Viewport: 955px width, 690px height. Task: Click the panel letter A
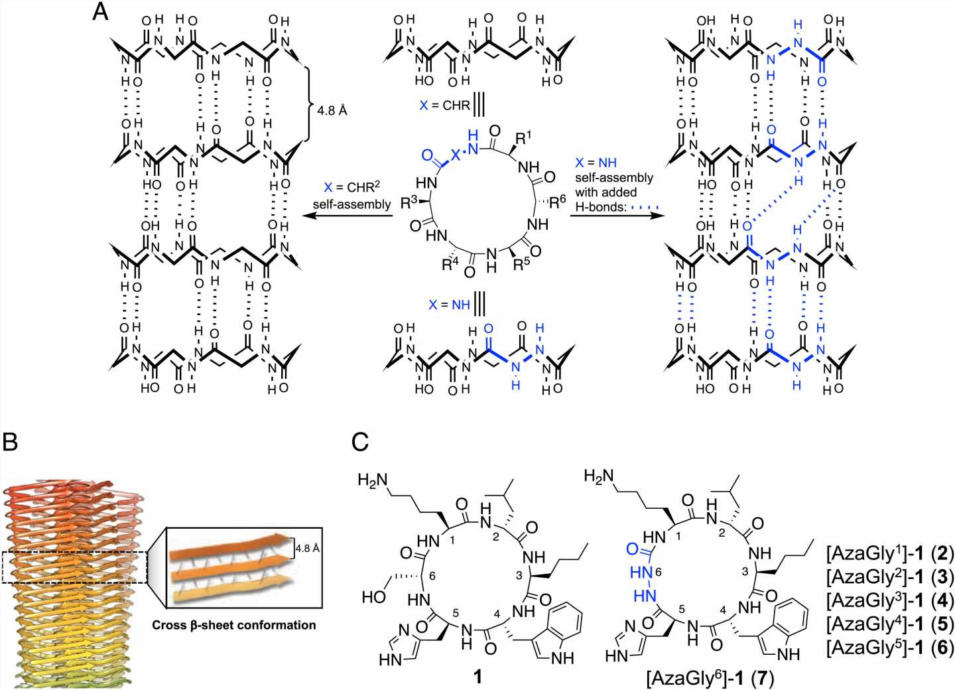tap(100, 12)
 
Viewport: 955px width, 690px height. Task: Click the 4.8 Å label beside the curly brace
tap(332, 110)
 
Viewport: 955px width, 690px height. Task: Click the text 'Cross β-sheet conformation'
tap(233, 625)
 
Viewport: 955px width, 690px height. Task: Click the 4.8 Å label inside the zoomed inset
tap(307, 549)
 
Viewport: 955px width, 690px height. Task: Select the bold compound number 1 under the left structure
tap(477, 676)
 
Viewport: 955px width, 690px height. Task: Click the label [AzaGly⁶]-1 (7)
tap(710, 678)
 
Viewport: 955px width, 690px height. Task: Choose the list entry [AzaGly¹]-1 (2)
tap(889, 553)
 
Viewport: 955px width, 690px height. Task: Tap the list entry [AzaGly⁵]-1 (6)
tap(889, 648)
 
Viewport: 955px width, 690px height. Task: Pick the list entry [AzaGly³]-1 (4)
tap(889, 600)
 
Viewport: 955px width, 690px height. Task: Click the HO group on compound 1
tap(373, 596)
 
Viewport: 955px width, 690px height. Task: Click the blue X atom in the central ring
tap(456, 155)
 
